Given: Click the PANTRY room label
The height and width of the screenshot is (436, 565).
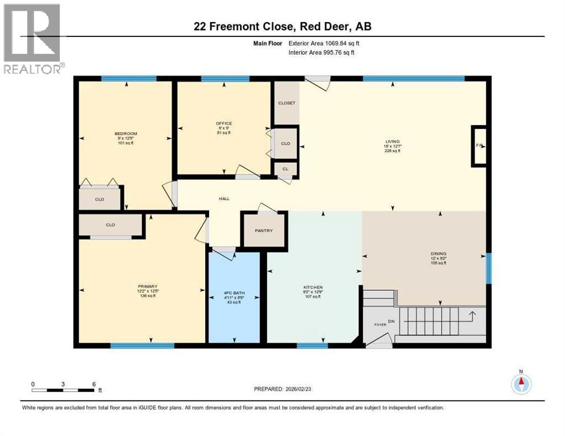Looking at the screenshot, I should pyautogui.click(x=264, y=230).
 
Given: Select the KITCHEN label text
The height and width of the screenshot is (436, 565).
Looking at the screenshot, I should pyautogui.click(x=313, y=288).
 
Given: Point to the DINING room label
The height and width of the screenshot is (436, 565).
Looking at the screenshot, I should pyautogui.click(x=438, y=254).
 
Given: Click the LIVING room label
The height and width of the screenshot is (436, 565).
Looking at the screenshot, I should pyautogui.click(x=392, y=141).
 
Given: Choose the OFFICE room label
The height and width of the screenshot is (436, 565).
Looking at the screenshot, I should pyautogui.click(x=223, y=123).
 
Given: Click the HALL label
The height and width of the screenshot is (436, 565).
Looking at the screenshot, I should pyautogui.click(x=225, y=199).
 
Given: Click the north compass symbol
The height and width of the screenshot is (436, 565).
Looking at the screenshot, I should pyautogui.click(x=521, y=384).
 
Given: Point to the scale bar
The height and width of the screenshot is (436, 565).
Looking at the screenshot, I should pyautogui.click(x=63, y=390).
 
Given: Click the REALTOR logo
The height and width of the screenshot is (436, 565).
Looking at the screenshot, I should pyautogui.click(x=32, y=39).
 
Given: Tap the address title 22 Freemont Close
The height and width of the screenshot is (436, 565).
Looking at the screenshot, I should pyautogui.click(x=282, y=27).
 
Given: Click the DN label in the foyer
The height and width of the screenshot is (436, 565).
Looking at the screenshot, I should pyautogui.click(x=391, y=322).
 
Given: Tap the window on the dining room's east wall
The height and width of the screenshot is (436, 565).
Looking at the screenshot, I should pyautogui.click(x=488, y=268).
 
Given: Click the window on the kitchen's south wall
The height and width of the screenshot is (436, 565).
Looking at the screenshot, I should pyautogui.click(x=312, y=345).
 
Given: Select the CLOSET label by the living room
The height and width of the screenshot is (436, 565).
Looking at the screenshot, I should pyautogui.click(x=286, y=103).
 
